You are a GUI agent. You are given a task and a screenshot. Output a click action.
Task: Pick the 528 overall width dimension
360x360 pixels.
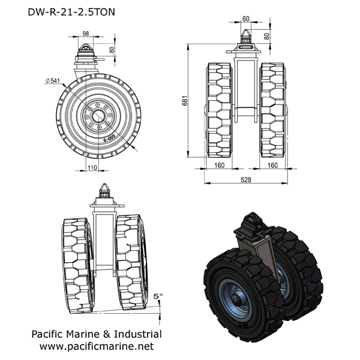(247, 179)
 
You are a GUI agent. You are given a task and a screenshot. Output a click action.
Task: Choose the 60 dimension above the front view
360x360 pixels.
(246, 19)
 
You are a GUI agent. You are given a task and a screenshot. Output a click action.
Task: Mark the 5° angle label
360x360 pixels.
(158, 296)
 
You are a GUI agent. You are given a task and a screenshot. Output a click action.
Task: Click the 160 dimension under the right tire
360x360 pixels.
(273, 164)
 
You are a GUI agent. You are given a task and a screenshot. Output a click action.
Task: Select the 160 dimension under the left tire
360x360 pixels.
(220, 164)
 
